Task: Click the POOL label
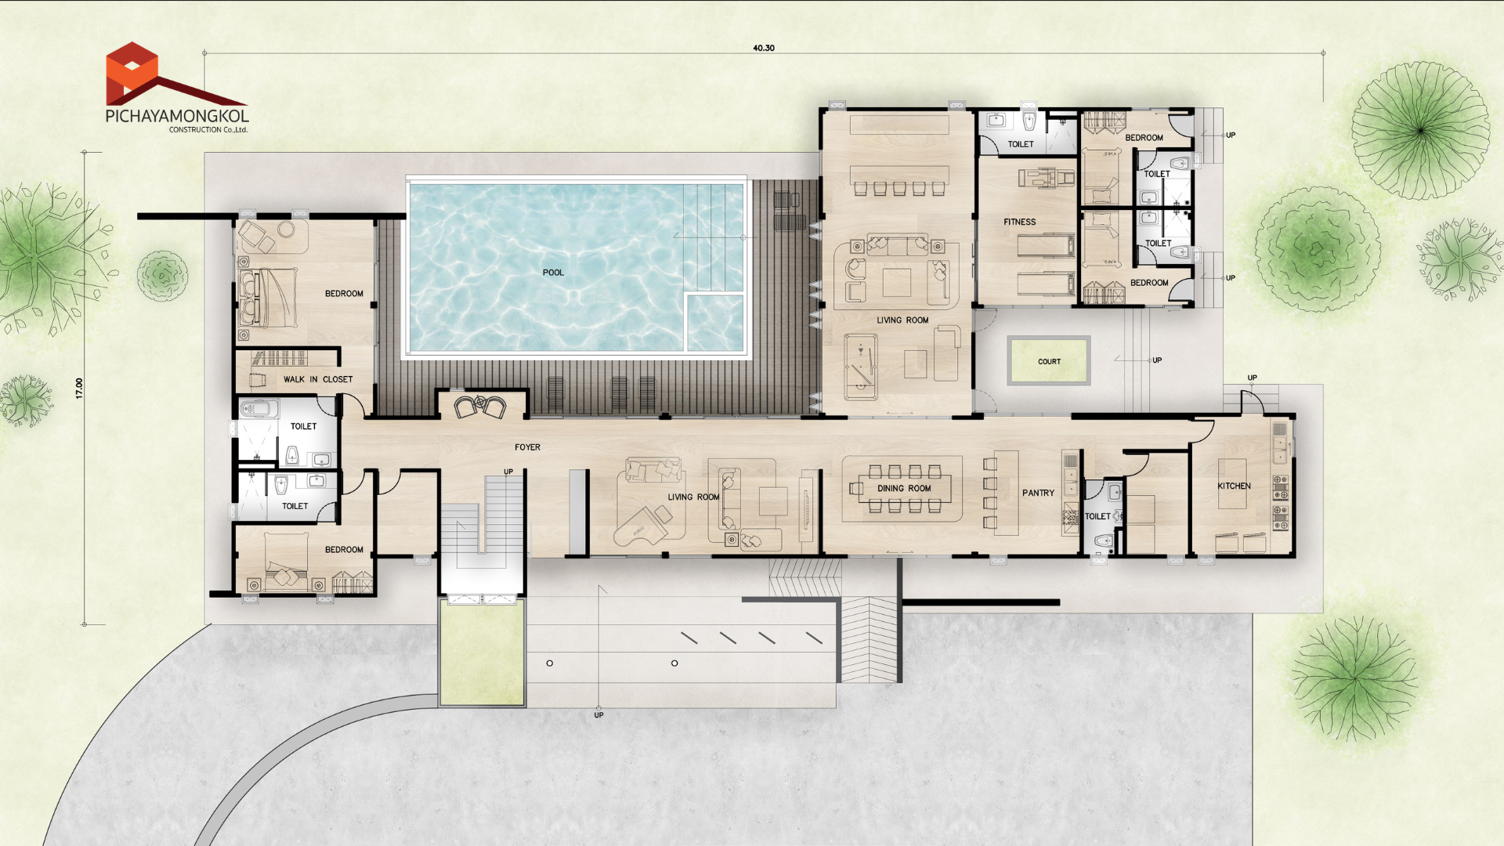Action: pos(553,273)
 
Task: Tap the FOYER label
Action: pos(527,447)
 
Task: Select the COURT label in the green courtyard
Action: pos(1049,362)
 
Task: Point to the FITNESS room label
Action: pos(1019,222)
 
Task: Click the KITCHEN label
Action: pos(1234,486)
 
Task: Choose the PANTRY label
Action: pos(1038,493)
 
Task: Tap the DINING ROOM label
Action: pos(904,488)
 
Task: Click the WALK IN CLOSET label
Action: pos(318,379)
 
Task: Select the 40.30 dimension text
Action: pos(764,48)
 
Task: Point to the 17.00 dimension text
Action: pos(79,389)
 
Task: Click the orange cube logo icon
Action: pos(132,72)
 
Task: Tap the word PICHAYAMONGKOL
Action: pos(177,116)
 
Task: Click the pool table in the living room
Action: pos(860,367)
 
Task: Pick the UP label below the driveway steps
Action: pos(598,715)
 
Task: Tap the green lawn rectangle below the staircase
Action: pos(481,654)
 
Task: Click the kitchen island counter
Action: pos(1232,483)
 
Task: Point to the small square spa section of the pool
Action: pos(714,323)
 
